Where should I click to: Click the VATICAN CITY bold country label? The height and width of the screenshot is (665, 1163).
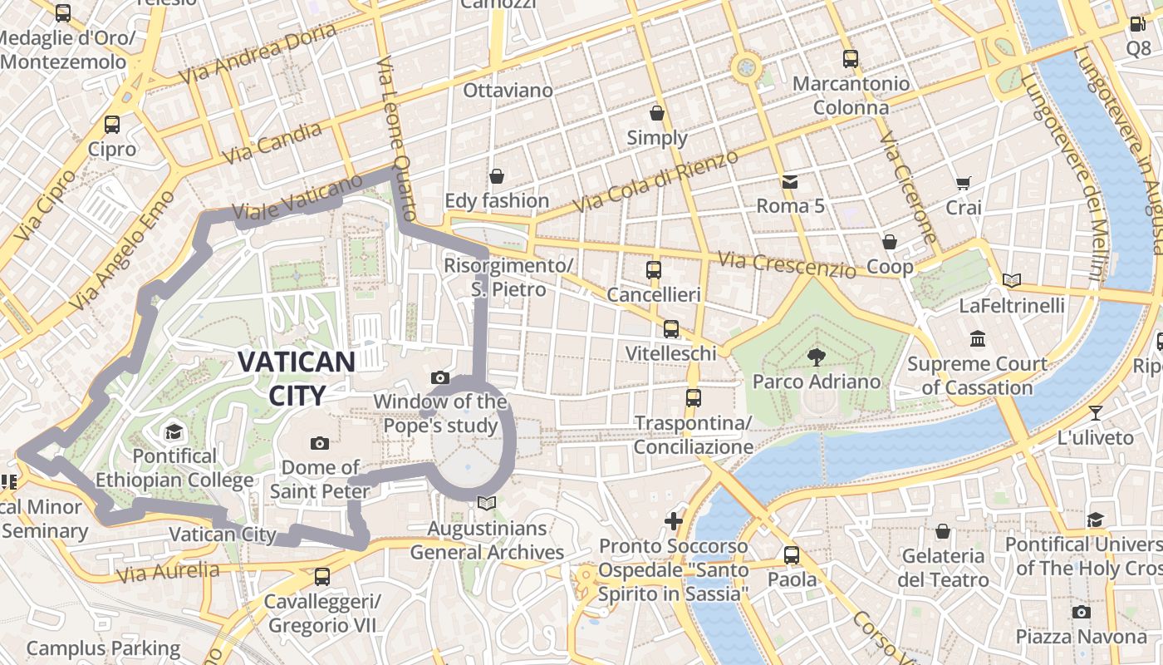tap(297, 377)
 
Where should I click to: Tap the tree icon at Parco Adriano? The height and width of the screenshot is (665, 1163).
tap(817, 357)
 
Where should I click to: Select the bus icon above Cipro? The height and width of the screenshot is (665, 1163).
tap(112, 125)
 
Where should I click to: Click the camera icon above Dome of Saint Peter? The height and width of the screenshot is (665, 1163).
tap(320, 443)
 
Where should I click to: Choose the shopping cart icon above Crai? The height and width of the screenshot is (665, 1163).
tap(964, 183)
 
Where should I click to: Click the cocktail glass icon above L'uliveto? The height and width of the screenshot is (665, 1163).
tap(1096, 412)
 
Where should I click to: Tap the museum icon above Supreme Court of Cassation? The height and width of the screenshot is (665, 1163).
tap(978, 339)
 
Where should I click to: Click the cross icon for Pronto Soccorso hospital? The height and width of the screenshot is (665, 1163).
tap(674, 521)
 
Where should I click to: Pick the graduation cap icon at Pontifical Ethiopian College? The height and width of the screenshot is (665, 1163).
tap(174, 431)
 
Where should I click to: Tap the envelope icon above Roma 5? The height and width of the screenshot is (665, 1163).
tap(789, 181)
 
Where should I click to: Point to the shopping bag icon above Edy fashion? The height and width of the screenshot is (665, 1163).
tap(497, 176)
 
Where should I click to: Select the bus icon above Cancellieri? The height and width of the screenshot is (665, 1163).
tap(654, 270)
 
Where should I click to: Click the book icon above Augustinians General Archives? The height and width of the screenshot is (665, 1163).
tap(487, 503)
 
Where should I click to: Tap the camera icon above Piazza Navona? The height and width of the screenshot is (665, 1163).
tap(1081, 613)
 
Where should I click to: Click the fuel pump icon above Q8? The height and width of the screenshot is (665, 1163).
tap(1137, 24)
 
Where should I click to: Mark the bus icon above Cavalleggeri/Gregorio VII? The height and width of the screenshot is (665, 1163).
tap(322, 576)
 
